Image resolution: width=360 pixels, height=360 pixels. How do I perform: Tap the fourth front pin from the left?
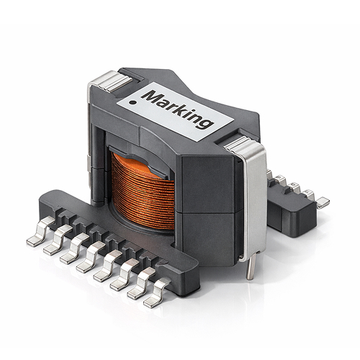(87, 261)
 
